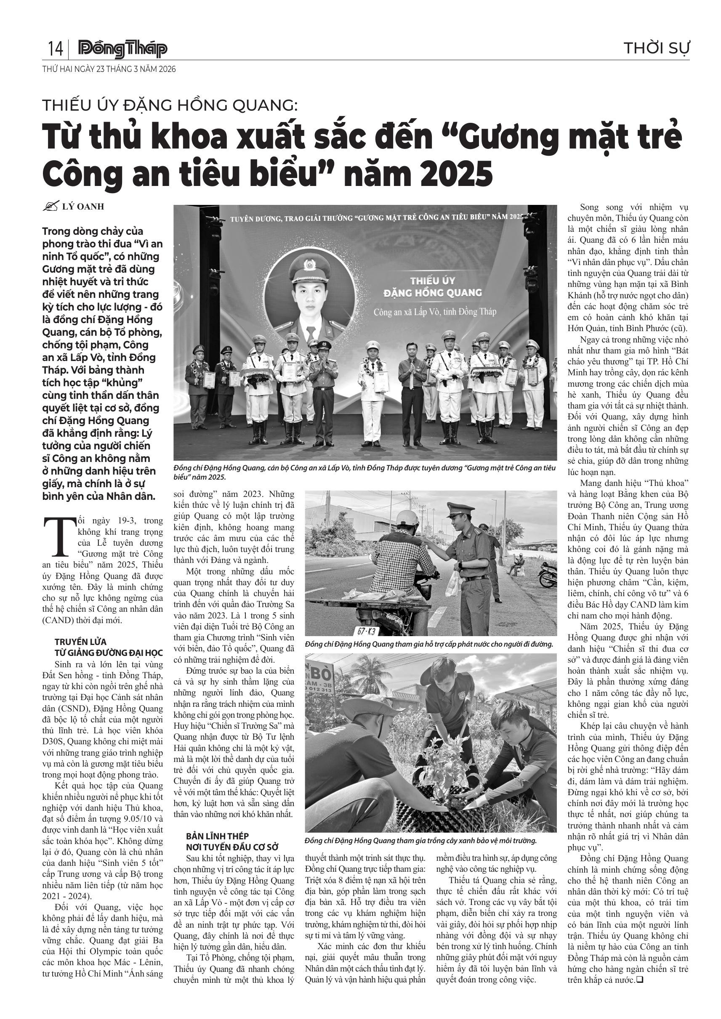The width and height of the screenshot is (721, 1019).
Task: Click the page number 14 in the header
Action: (x=55, y=48)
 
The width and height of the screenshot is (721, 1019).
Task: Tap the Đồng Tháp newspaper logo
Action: (x=122, y=49)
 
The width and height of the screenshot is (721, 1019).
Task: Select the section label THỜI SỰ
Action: (x=656, y=48)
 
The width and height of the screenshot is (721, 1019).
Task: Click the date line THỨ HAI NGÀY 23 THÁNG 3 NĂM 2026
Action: (x=109, y=69)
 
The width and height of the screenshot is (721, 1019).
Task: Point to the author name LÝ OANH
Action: (x=83, y=207)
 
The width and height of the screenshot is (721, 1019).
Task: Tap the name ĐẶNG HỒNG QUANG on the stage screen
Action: (x=432, y=292)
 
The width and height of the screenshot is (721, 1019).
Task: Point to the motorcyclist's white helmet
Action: (x=407, y=518)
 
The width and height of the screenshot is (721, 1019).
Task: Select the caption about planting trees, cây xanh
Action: (x=421, y=841)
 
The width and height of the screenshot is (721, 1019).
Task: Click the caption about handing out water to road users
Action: (x=429, y=644)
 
